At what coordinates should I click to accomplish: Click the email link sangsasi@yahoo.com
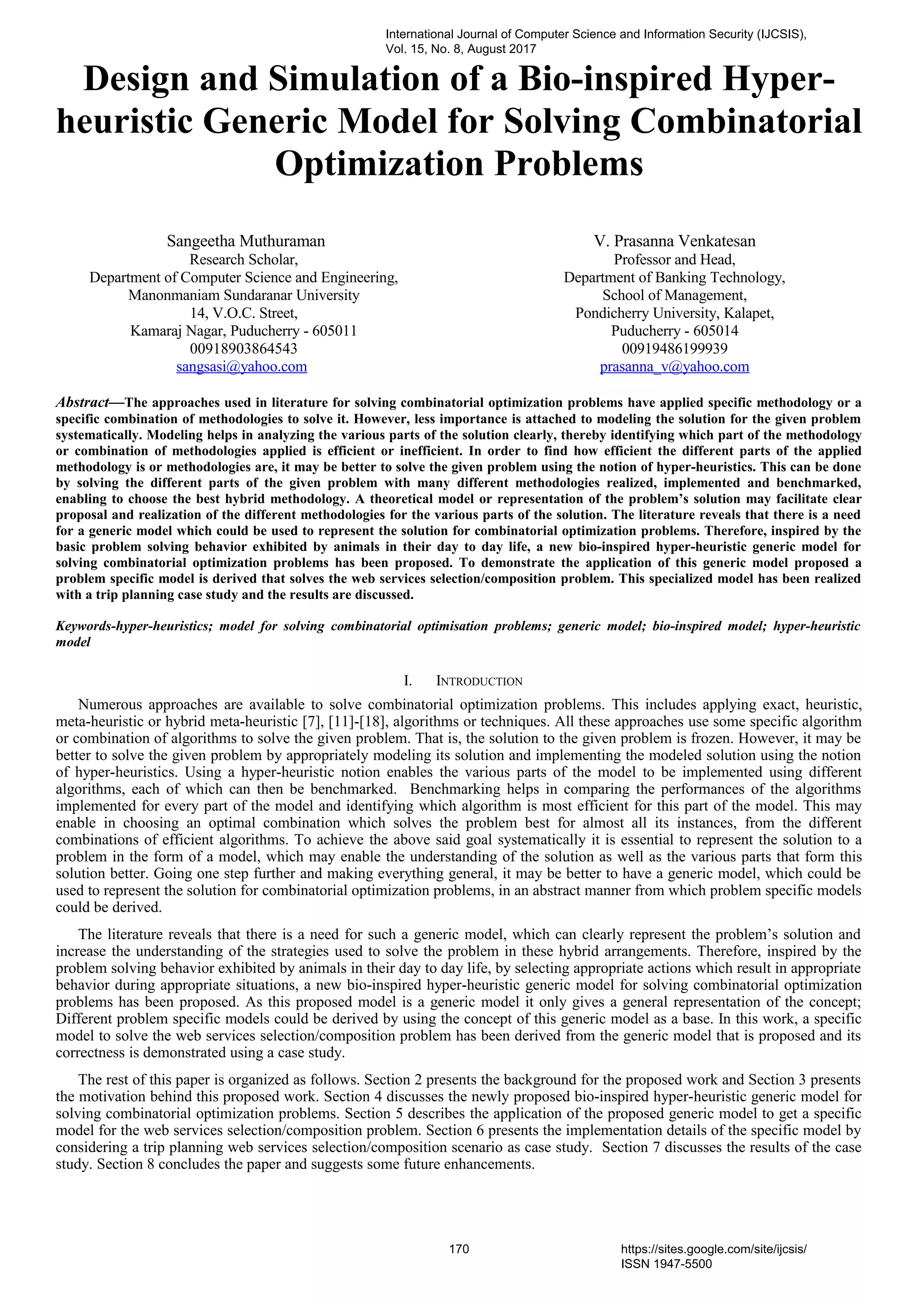point(242,367)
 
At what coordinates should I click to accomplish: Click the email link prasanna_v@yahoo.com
point(674,367)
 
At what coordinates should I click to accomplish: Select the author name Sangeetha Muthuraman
point(246,241)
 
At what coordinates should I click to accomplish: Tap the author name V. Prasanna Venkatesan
point(674,241)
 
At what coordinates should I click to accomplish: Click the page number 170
point(459,1249)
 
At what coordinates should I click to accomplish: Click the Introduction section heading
point(479,681)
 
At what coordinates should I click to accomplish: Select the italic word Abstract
point(82,403)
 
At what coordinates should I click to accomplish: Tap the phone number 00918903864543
point(243,349)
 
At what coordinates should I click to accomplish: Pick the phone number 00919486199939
point(674,349)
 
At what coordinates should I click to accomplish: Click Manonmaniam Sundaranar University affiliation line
point(243,295)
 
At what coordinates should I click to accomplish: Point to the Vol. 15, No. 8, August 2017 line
point(460,49)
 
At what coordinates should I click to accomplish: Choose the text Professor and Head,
point(674,260)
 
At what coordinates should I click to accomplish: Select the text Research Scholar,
point(243,260)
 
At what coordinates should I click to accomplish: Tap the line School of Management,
point(674,295)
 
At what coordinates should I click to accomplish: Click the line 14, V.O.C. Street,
point(243,313)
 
